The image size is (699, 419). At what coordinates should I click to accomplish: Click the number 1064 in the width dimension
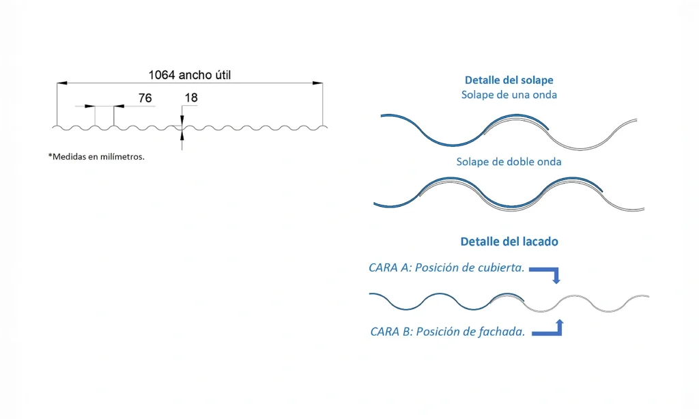click(161, 75)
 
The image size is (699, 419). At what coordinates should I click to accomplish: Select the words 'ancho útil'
click(205, 75)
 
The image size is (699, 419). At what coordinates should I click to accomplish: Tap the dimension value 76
click(145, 98)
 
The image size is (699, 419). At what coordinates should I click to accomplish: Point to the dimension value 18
click(191, 98)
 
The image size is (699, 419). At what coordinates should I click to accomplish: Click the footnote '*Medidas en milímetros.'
click(96, 156)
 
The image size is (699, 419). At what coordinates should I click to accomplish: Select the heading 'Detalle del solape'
click(509, 81)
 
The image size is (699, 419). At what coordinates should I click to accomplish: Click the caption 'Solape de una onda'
click(509, 94)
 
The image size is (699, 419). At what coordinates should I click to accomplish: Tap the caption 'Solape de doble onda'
click(509, 161)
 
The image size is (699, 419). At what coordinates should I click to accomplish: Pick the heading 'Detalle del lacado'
click(509, 242)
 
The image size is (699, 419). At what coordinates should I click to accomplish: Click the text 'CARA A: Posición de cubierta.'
click(446, 268)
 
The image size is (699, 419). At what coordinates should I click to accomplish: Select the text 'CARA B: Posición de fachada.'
click(448, 332)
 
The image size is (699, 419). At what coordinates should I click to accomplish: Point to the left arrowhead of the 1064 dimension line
click(62, 83)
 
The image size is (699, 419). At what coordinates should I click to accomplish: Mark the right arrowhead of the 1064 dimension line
click(317, 83)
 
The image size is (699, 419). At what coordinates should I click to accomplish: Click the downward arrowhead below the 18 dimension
click(182, 120)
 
